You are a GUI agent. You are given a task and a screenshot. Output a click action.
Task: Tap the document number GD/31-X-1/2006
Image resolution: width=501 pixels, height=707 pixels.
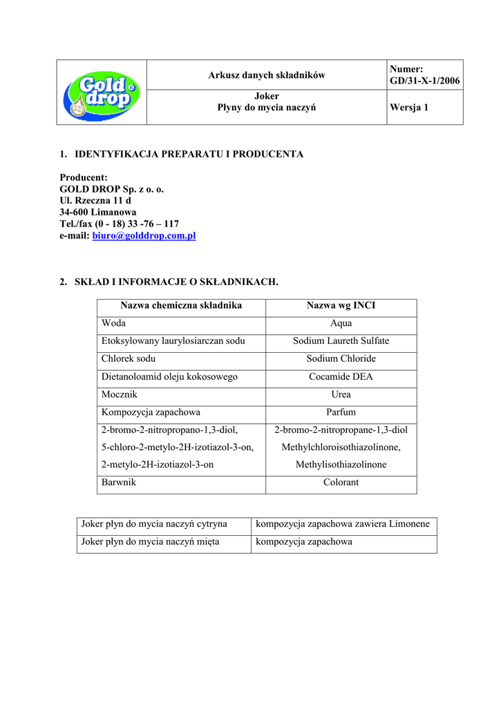click(425, 81)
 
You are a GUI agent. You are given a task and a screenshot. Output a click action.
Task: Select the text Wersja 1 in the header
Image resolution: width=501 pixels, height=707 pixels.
click(409, 108)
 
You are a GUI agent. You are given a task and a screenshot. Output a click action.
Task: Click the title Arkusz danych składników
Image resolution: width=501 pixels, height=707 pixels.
click(267, 75)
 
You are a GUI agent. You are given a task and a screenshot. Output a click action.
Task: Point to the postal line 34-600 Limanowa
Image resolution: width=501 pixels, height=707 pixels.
click(98, 212)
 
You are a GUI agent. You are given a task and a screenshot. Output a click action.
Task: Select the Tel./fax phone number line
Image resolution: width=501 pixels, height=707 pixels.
click(119, 224)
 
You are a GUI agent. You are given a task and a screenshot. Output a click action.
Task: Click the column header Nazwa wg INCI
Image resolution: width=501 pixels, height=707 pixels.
click(341, 305)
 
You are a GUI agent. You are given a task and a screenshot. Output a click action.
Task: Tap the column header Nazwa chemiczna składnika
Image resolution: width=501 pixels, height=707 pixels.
click(181, 305)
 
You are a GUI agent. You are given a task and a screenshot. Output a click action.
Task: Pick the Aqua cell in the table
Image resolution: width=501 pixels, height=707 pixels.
click(341, 323)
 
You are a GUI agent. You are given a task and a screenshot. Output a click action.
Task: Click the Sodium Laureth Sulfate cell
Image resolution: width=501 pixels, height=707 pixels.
click(341, 341)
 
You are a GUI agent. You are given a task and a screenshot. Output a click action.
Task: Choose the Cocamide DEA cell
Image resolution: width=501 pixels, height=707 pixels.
click(341, 377)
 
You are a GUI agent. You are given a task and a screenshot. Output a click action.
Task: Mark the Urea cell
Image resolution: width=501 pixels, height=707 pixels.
click(341, 395)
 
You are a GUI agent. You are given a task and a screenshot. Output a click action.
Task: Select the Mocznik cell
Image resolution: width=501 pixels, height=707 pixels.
click(120, 395)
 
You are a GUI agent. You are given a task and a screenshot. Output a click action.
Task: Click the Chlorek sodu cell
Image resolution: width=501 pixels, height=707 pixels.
click(129, 359)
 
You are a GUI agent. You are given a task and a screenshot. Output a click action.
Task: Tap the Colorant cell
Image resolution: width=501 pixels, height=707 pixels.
click(341, 483)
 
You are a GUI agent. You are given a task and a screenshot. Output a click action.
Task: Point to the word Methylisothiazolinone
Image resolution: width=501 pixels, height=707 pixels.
click(341, 465)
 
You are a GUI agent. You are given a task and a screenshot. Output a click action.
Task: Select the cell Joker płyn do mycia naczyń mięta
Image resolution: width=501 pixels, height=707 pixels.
click(150, 542)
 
